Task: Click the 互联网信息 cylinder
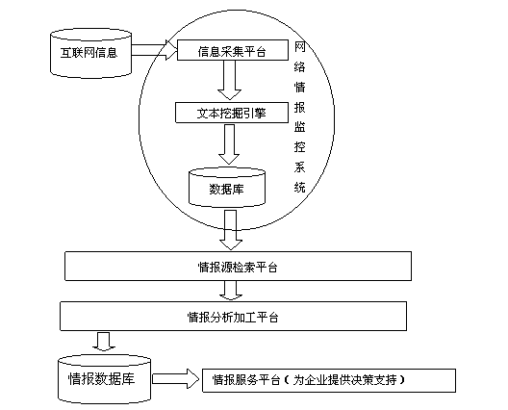(91, 54)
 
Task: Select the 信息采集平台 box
(233, 50)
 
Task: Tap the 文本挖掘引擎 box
(232, 113)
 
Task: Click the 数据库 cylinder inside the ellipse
(227, 188)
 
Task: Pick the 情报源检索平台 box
(239, 266)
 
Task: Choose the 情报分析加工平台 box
(233, 317)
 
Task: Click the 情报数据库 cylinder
(104, 379)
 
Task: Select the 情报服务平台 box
(329, 380)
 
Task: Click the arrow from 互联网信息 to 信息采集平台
(155, 50)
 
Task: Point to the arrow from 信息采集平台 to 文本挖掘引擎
(229, 80)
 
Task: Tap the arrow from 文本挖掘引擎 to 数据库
(229, 144)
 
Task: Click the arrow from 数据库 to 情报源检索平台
(231, 230)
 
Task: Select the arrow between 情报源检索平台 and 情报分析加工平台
(231, 290)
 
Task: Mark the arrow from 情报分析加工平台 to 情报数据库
(104, 341)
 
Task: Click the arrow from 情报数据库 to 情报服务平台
(175, 378)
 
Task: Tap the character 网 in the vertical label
(299, 47)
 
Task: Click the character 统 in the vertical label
(299, 188)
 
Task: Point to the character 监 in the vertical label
(299, 127)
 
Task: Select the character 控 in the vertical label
(299, 147)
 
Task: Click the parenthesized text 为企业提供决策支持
(344, 380)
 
